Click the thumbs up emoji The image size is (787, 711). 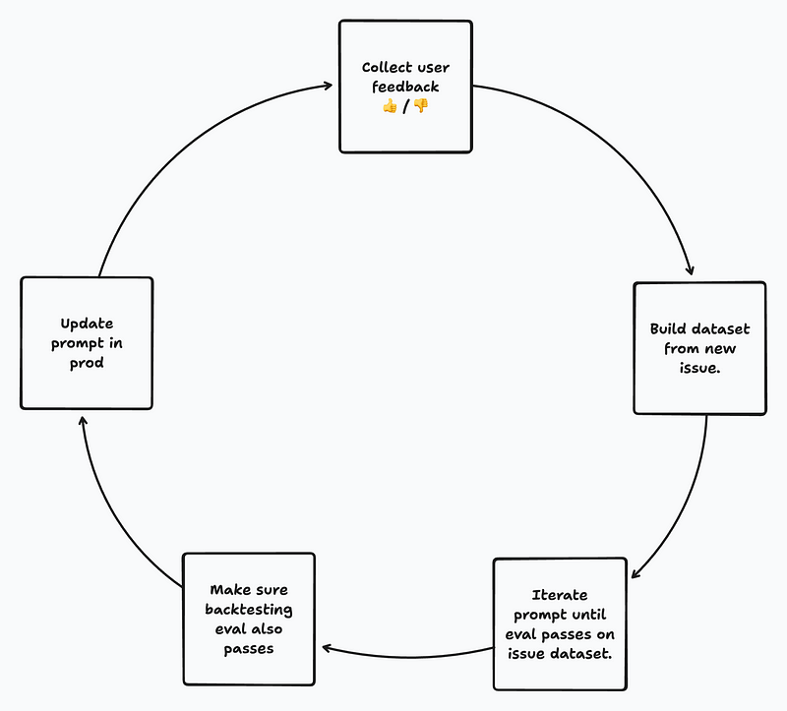click(390, 106)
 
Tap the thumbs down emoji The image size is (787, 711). click(421, 106)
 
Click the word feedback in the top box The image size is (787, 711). click(405, 87)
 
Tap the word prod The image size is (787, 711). click(87, 362)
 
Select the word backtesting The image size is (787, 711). click(248, 610)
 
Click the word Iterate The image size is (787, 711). click(559, 595)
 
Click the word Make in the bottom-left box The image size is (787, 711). click(227, 590)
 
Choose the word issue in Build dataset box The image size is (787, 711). click(699, 369)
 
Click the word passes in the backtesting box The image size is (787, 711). click(248, 649)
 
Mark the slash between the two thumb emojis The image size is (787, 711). click(405, 106)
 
